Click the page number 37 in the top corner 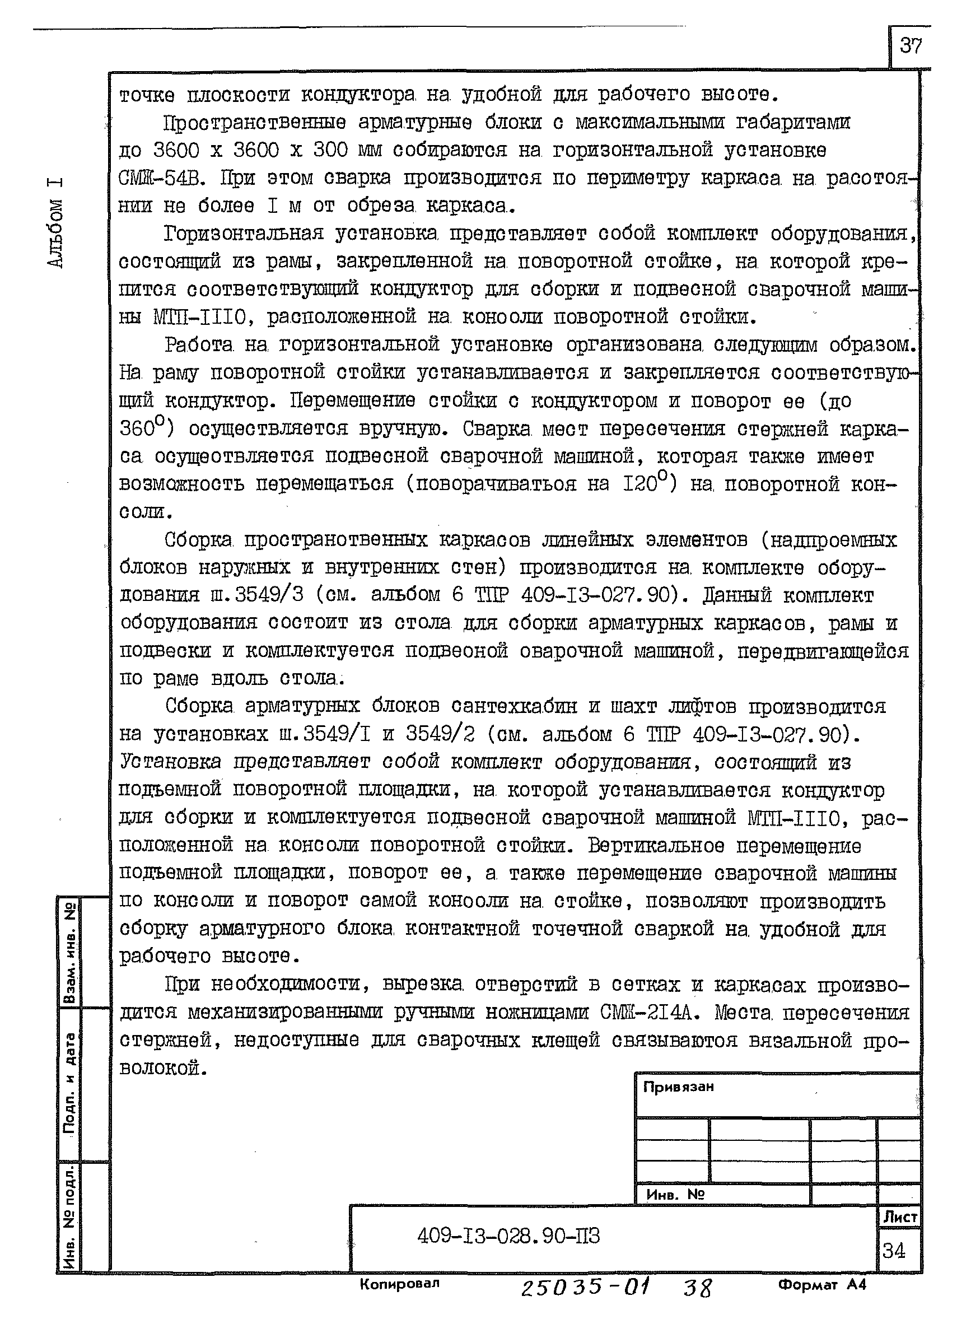click(911, 46)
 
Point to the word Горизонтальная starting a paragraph click(244, 234)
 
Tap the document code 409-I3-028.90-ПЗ click(508, 1237)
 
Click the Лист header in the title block click(900, 1217)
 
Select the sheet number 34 click(893, 1251)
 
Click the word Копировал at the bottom click(400, 1284)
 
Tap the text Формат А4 click(821, 1285)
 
